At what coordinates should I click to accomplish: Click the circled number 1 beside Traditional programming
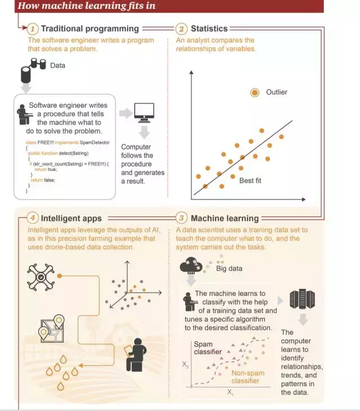tap(33, 29)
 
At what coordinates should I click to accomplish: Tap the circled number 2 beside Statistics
tap(181, 29)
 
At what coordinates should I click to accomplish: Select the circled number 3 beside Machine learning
tap(181, 218)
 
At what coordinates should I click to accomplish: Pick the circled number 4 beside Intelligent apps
tap(33, 218)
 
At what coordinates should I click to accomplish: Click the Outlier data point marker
tap(255, 92)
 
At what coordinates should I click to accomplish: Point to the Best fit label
tap(250, 180)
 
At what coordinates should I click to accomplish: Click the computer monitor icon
tap(145, 112)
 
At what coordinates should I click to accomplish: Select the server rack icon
tap(296, 300)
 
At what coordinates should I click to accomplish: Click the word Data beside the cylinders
tap(58, 66)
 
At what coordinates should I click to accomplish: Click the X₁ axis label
tap(231, 392)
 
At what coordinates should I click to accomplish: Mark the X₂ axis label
tap(185, 365)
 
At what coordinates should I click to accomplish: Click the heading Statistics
tap(209, 29)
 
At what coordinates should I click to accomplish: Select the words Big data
tap(229, 268)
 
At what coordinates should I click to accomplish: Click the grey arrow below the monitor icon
tap(145, 133)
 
